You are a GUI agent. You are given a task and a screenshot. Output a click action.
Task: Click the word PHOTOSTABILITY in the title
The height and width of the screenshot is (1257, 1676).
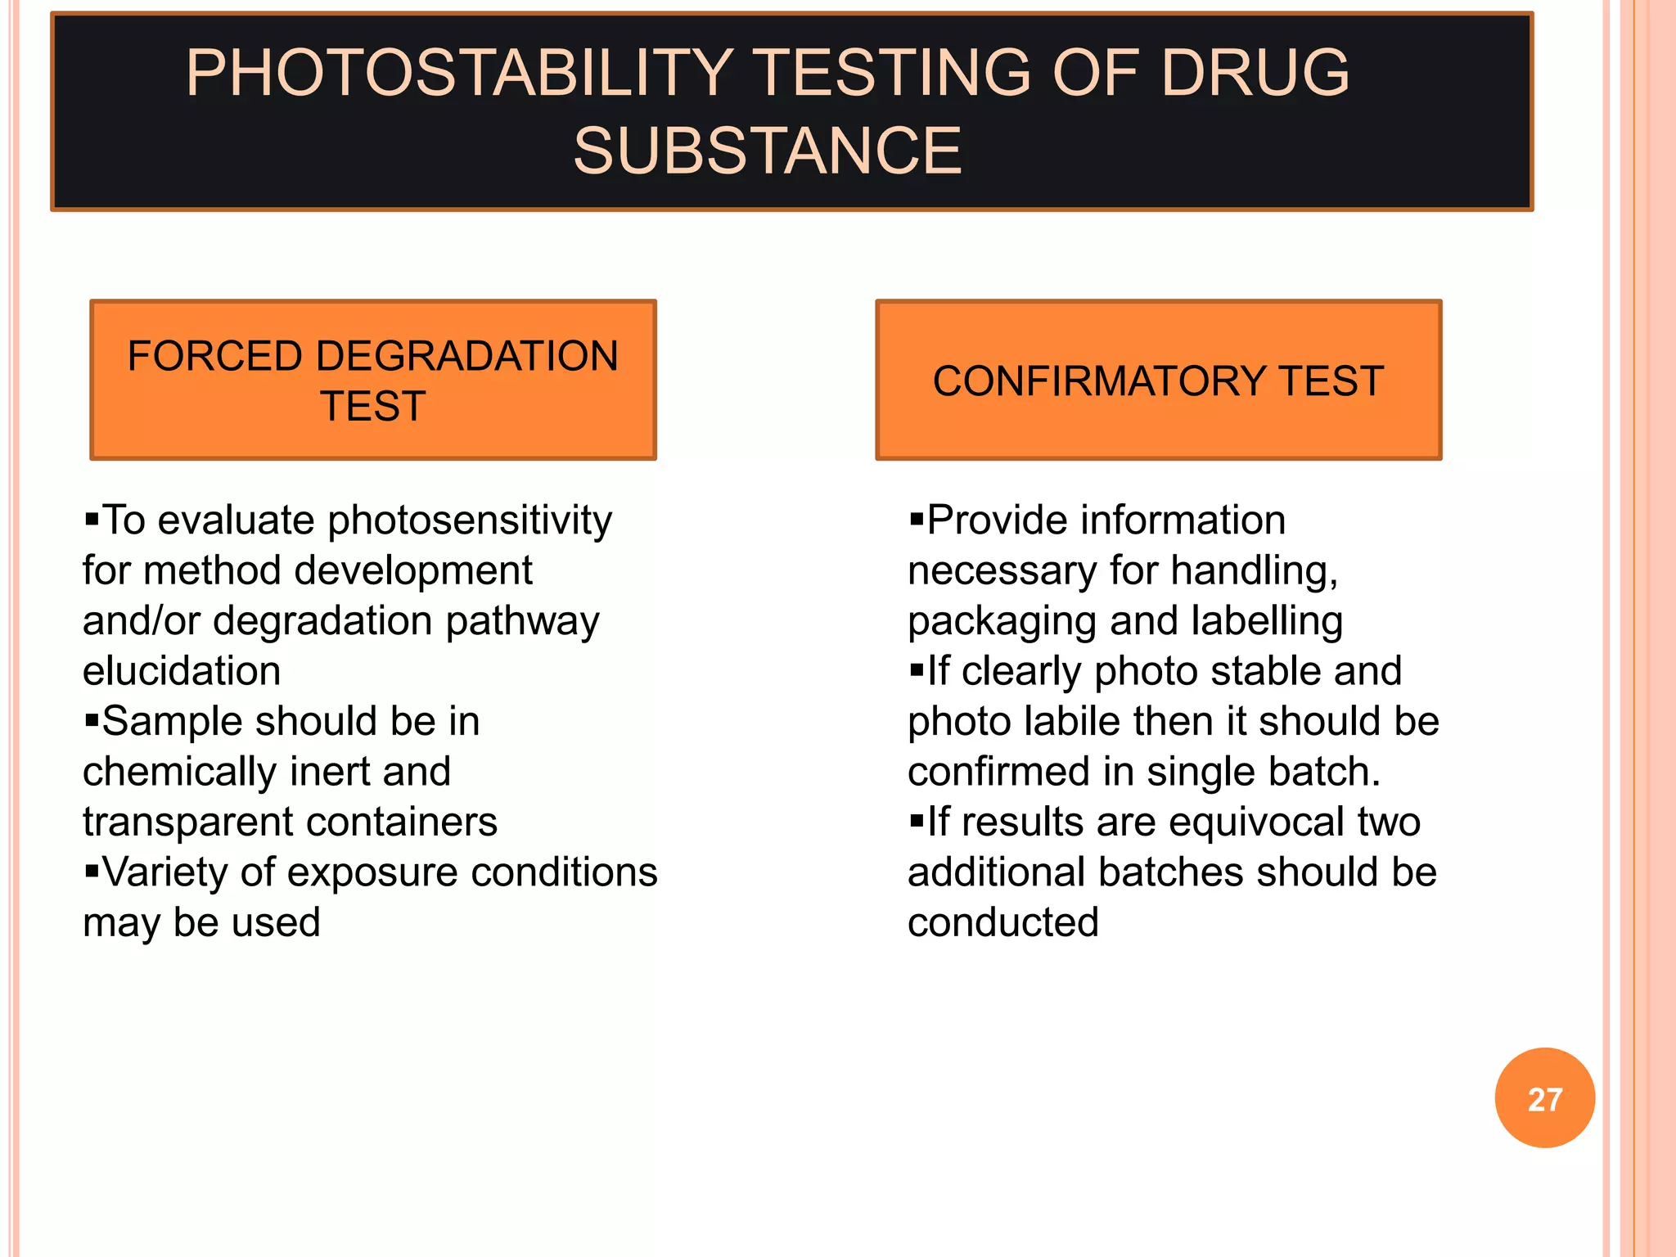click(458, 74)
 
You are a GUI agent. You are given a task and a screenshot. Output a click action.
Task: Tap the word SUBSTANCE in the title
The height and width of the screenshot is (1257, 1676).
click(767, 151)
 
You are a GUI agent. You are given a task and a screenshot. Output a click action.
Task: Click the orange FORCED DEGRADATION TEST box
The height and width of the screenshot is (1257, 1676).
click(373, 381)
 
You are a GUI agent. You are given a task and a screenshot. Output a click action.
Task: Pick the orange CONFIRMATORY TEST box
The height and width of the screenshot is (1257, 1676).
click(1158, 381)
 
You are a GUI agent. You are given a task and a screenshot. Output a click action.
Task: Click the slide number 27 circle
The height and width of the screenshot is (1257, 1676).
click(1544, 1098)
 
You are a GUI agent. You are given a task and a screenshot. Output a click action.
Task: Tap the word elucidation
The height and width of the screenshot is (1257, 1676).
click(182, 671)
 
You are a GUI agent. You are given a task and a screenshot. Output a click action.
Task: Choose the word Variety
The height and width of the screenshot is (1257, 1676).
click(164, 872)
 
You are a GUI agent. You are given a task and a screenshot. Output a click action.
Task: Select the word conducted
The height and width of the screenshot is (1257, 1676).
click(1002, 923)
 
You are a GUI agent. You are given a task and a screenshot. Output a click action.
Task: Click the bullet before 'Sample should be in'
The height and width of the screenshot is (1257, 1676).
click(92, 721)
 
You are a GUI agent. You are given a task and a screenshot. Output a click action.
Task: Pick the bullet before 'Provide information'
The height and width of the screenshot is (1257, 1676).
click(917, 519)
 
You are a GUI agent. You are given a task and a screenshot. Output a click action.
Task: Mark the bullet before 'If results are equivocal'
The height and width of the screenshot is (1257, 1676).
click(917, 821)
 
